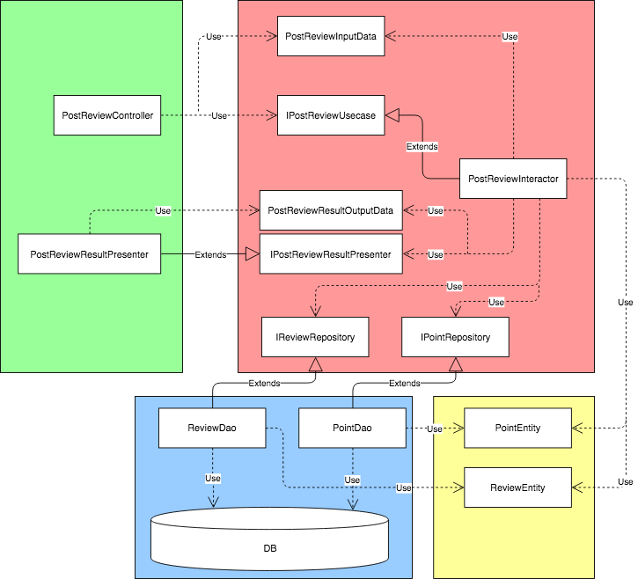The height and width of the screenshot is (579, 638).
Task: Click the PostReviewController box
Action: point(107,115)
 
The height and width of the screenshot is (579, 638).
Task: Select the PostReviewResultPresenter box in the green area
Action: point(89,254)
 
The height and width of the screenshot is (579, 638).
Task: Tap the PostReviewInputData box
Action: point(330,37)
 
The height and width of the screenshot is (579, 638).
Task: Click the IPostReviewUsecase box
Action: point(330,115)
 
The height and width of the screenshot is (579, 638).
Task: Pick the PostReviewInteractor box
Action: point(513,179)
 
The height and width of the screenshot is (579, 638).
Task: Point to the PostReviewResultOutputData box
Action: point(330,211)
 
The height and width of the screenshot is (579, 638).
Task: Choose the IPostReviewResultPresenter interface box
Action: point(330,254)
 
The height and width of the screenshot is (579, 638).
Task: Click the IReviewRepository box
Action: point(315,337)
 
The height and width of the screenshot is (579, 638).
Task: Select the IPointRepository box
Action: point(455,337)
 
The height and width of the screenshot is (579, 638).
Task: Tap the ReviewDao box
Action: point(212,429)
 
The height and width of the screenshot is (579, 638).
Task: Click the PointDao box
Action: point(352,429)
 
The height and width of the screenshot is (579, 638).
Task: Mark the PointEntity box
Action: point(517,429)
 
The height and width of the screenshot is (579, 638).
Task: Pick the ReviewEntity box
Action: point(517,487)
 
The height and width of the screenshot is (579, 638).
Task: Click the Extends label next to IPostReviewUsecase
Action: point(422,146)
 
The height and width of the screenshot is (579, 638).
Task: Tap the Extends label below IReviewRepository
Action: point(264,384)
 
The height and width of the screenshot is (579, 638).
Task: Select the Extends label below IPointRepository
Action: point(405,384)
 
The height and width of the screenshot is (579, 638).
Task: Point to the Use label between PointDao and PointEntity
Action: point(435,429)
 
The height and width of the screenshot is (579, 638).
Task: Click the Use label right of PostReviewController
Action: point(220,115)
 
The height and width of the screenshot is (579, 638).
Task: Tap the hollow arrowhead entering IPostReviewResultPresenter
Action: point(252,254)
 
